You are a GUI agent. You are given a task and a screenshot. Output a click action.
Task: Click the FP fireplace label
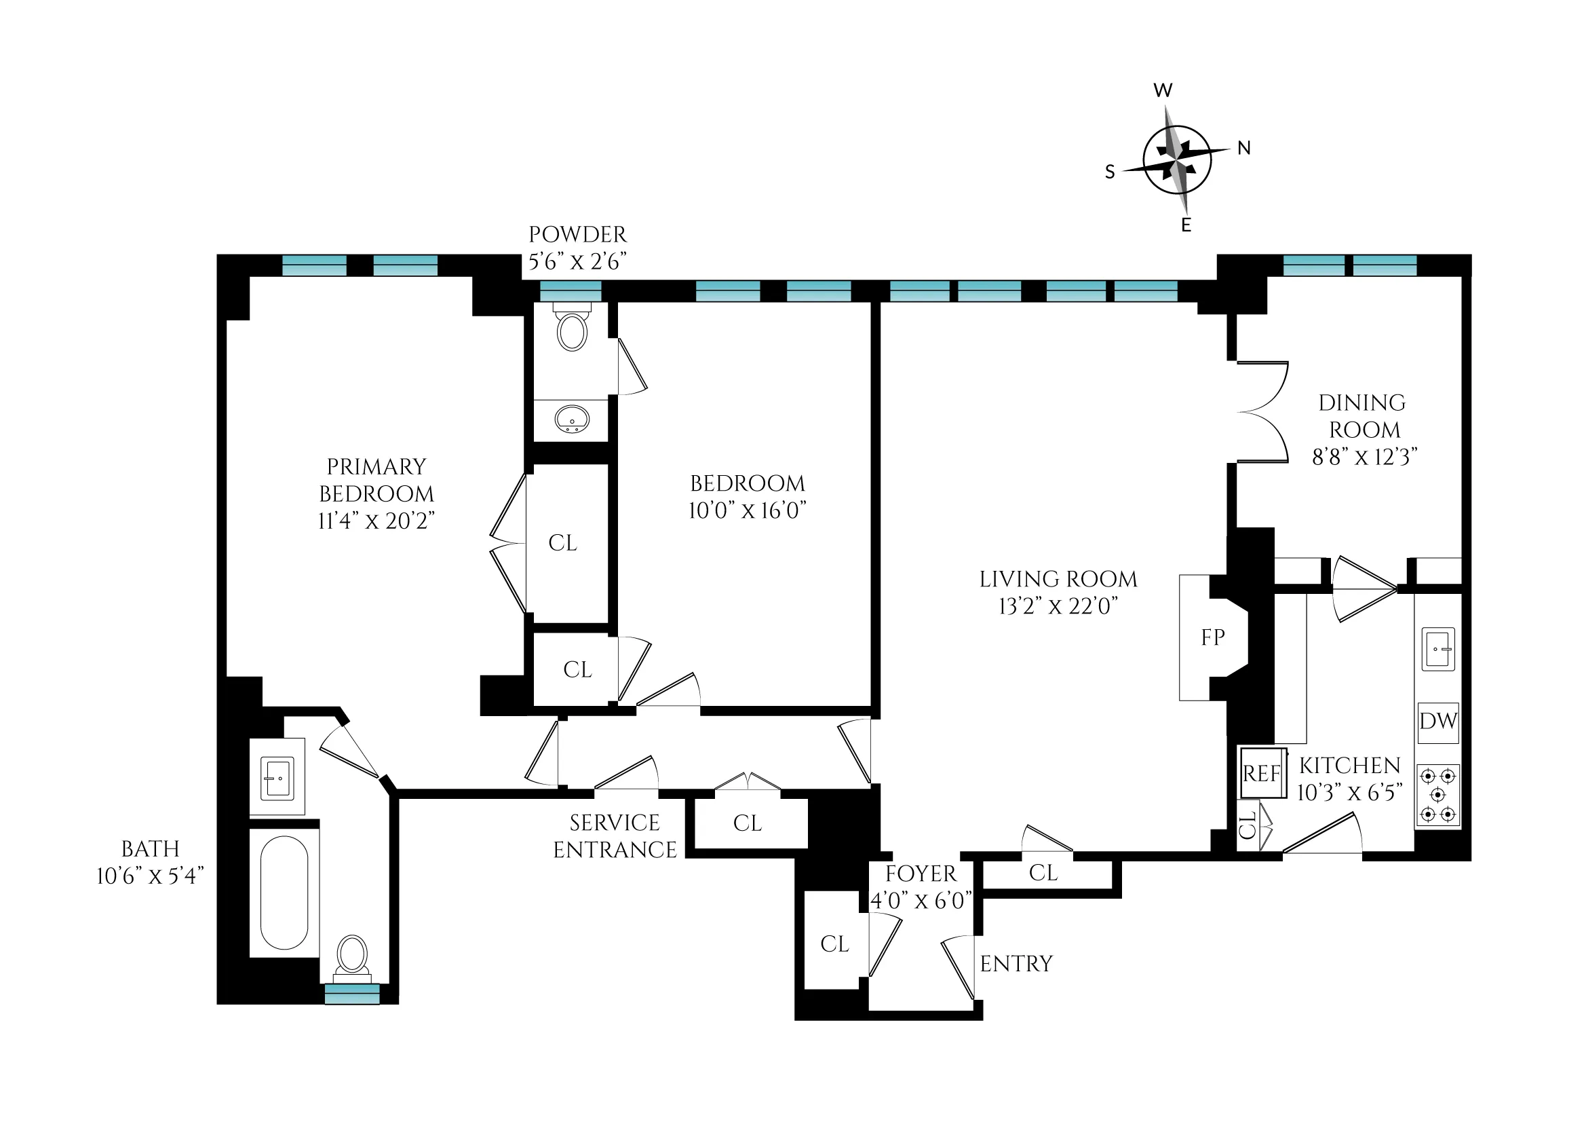1212,637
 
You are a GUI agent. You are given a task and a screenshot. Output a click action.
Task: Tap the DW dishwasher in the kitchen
1437,722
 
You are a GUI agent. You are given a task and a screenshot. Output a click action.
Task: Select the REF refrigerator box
1262,773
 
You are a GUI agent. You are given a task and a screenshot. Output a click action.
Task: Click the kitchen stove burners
1438,796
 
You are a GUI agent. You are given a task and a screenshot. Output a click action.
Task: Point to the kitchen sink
1438,648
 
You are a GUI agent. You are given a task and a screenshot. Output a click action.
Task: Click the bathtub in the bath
284,893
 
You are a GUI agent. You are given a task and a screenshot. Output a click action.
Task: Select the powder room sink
572,419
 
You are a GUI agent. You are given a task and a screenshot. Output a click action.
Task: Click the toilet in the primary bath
352,956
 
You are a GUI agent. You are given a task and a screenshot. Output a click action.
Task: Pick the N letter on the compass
1243,148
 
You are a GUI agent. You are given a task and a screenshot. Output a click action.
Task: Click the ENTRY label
1016,963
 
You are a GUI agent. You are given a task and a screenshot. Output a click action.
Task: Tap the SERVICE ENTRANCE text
615,836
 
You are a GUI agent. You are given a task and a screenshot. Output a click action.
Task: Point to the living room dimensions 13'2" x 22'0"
1058,606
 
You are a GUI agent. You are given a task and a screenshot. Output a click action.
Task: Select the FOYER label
921,874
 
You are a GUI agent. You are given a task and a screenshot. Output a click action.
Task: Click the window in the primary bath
352,994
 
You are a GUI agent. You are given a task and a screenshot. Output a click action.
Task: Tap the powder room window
570,291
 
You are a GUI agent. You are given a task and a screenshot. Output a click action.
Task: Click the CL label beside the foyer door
834,943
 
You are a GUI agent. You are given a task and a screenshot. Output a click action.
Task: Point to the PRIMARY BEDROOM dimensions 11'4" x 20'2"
376,521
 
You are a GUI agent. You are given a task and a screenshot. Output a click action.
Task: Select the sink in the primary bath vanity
277,778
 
